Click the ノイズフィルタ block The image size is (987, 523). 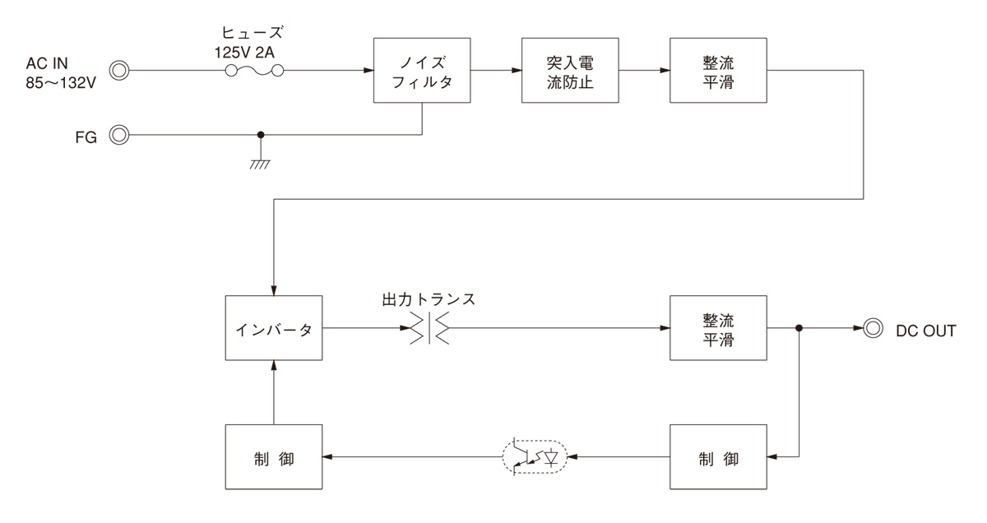click(x=422, y=71)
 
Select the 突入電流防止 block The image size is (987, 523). click(x=570, y=71)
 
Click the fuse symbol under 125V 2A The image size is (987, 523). click(x=255, y=72)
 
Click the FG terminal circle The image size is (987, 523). click(x=120, y=135)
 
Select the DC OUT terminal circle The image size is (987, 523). click(x=871, y=329)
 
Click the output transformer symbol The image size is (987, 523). click(x=429, y=329)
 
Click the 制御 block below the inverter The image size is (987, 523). click(x=274, y=457)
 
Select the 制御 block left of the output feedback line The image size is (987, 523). click(x=718, y=457)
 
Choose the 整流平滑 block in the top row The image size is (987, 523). click(x=718, y=71)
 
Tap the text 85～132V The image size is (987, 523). click(x=63, y=85)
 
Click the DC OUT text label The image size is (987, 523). click(x=926, y=330)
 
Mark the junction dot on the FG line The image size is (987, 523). click(x=262, y=135)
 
